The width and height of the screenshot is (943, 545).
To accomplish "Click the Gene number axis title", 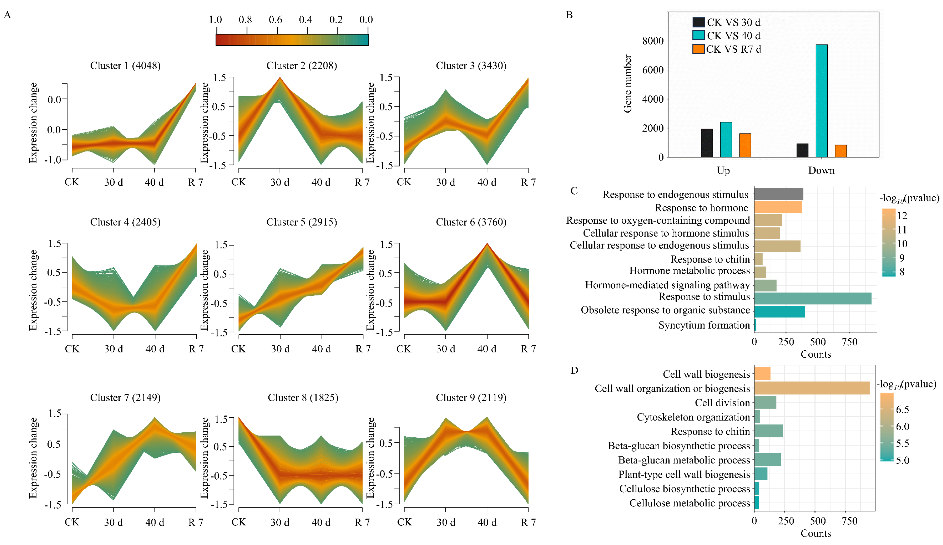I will point(627,84).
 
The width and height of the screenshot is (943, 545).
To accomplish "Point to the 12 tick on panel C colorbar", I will point(902,216).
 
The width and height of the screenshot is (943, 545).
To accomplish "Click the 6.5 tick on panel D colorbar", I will point(902,410).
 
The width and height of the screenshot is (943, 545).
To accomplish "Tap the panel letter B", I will point(569,15).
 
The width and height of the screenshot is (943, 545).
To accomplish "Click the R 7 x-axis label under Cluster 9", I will point(528,522).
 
